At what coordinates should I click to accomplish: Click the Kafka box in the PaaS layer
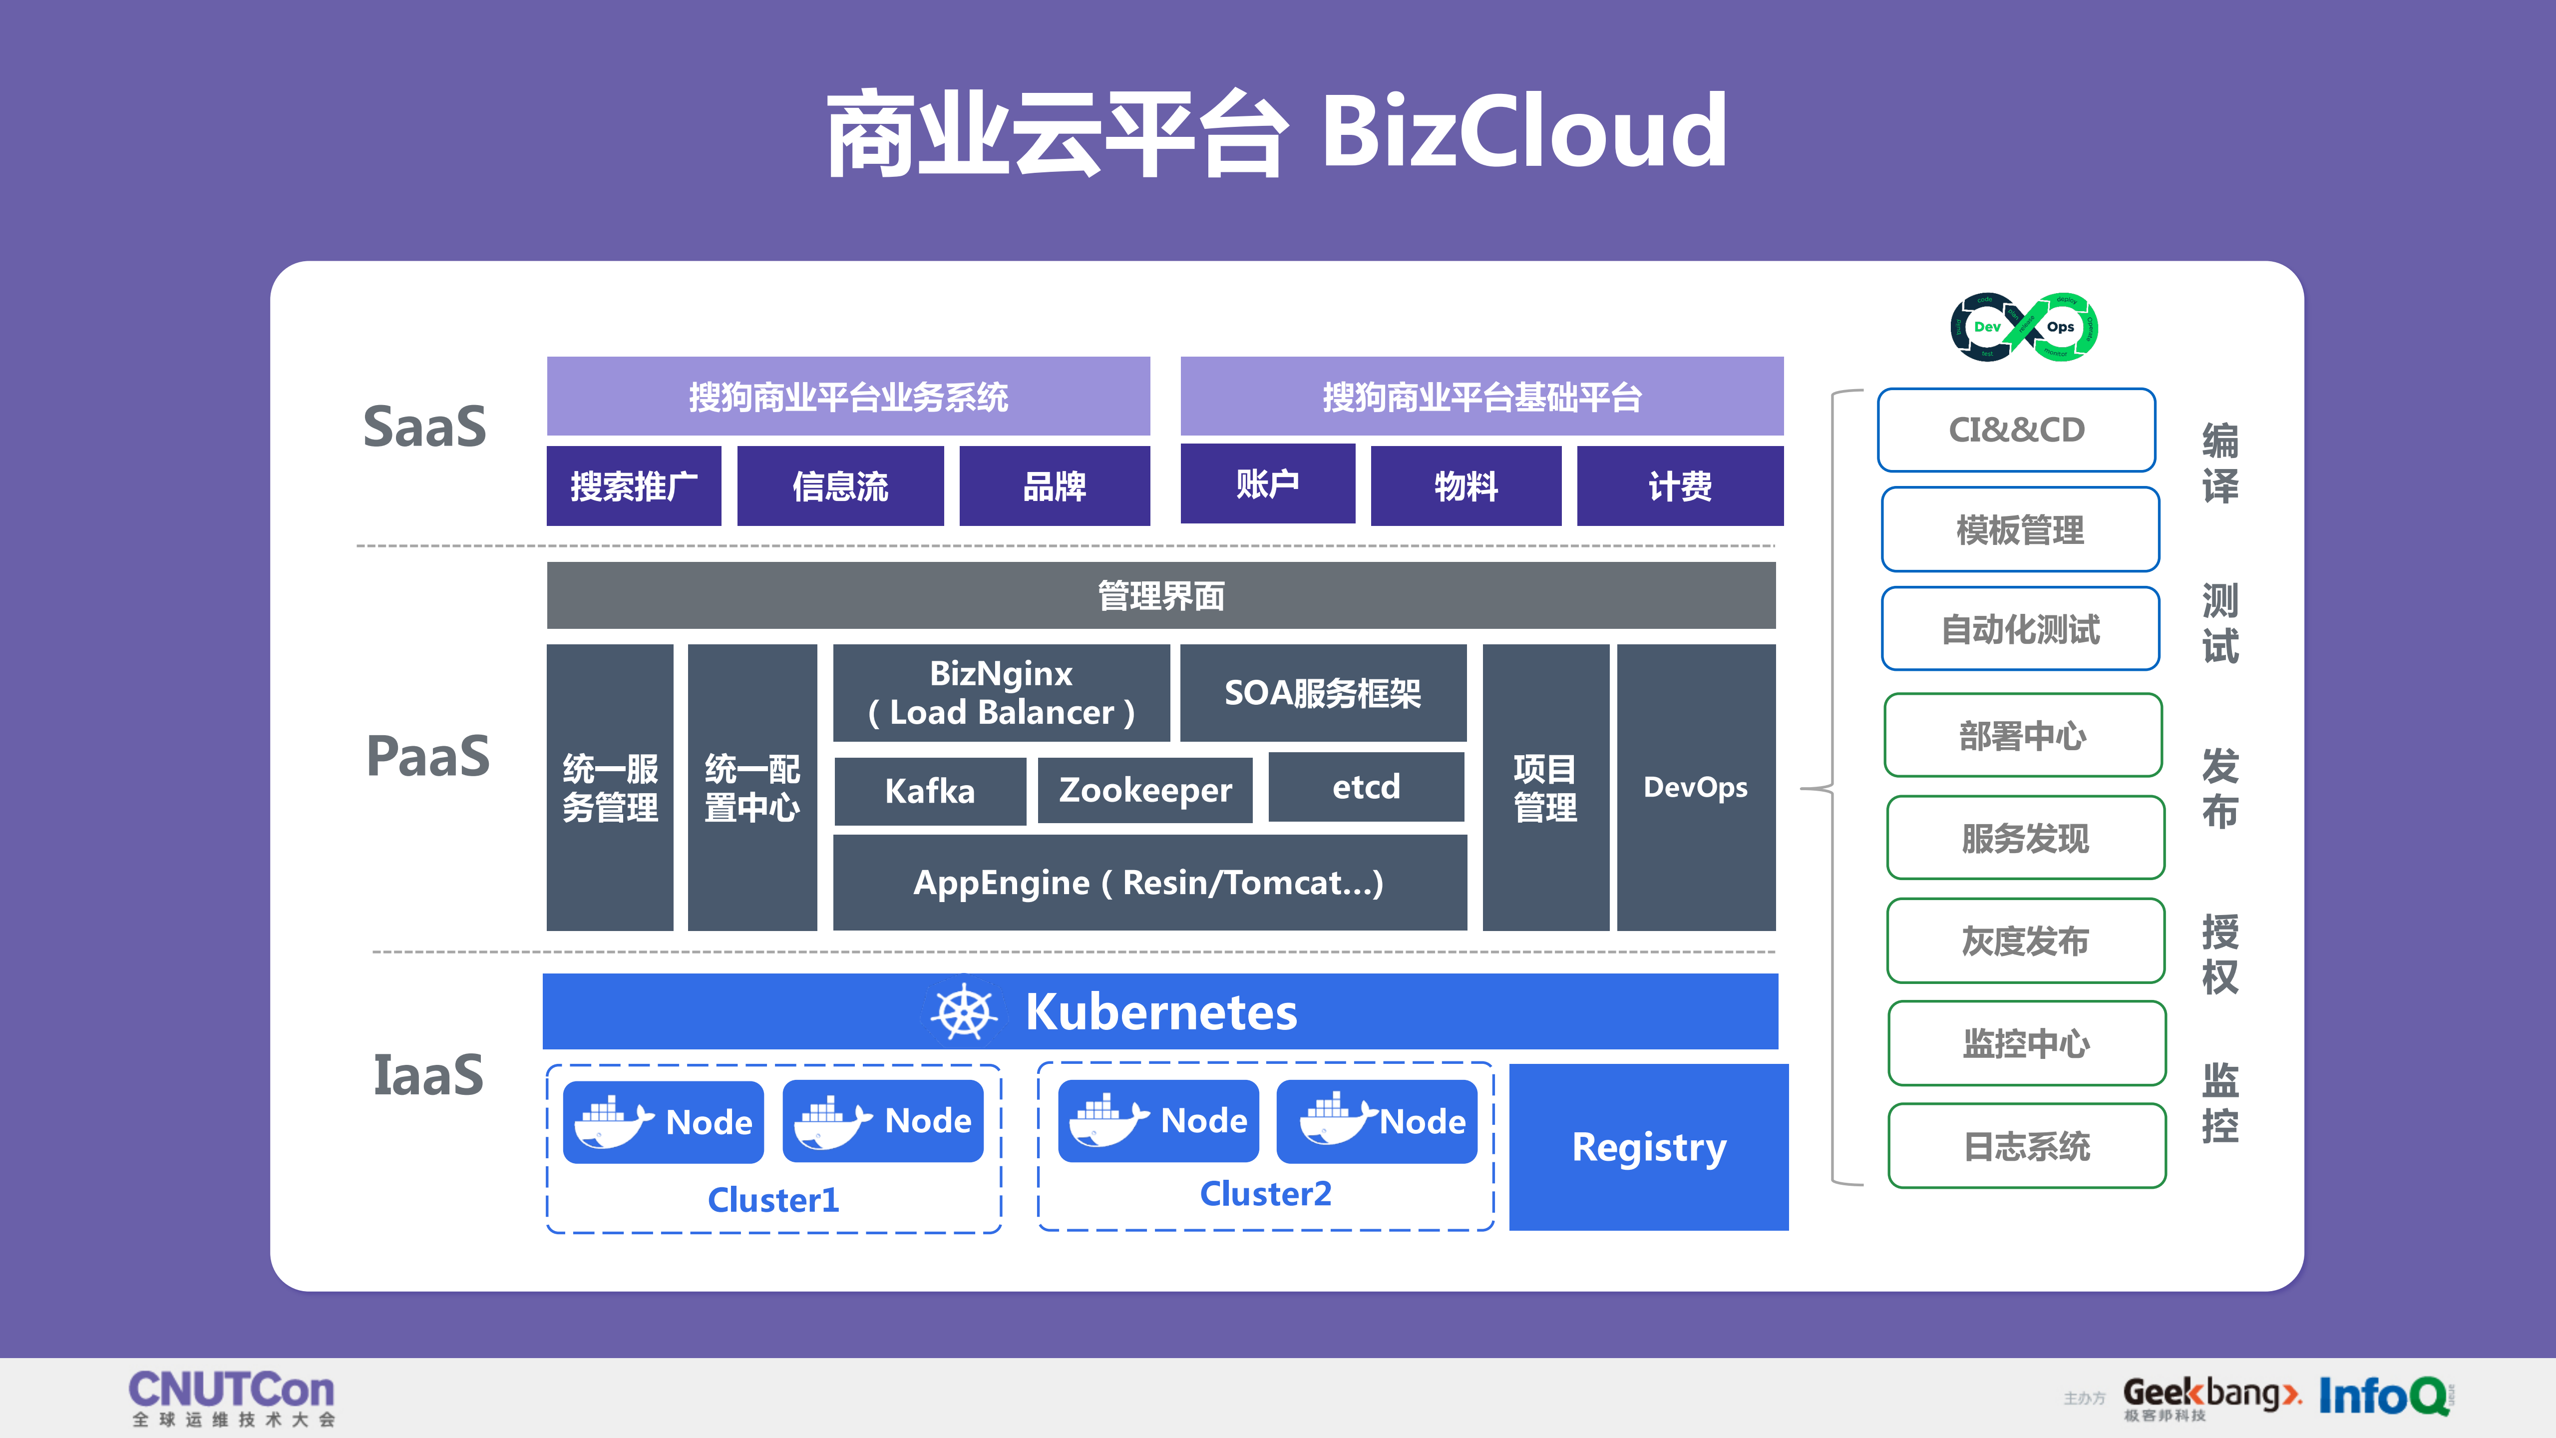click(930, 791)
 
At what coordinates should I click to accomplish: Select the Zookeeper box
click(1145, 790)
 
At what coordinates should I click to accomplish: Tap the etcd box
click(1366, 787)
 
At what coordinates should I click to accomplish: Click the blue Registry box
click(1648, 1147)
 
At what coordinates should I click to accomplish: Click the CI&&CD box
click(2016, 430)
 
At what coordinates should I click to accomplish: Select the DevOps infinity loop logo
click(2024, 327)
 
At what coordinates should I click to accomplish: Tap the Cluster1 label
click(773, 1200)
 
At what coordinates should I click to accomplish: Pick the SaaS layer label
click(425, 427)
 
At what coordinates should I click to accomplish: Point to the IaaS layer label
click(427, 1075)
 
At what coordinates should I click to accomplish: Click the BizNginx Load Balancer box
click(1001, 693)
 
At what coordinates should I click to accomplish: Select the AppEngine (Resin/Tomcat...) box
click(1149, 882)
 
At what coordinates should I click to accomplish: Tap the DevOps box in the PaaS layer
click(1696, 787)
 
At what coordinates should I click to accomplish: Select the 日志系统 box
click(2026, 1146)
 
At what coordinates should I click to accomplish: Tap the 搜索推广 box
click(633, 486)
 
